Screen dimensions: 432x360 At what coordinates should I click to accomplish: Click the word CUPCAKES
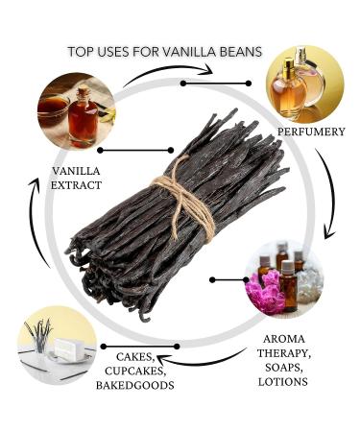pyautogui.click(x=133, y=371)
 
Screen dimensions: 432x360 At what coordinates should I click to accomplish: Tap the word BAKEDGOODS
pyautogui.click(x=134, y=385)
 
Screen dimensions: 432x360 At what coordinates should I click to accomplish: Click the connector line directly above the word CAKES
pyautogui.click(x=144, y=346)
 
